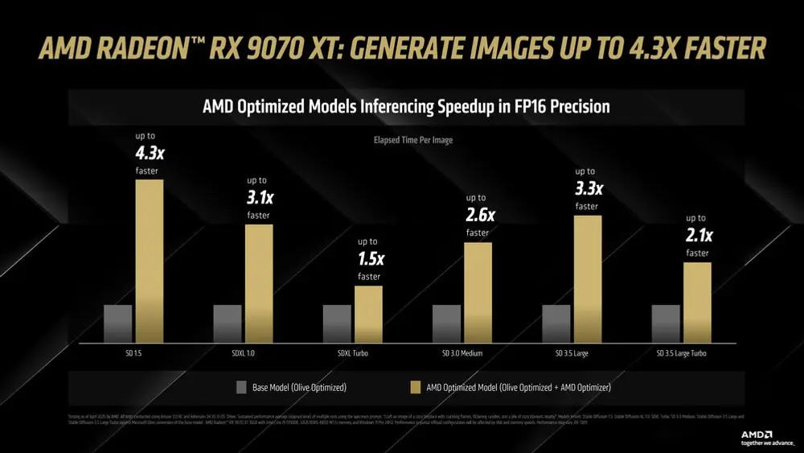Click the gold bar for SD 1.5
point(149,262)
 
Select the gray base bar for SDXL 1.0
point(227,323)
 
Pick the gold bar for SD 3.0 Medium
point(478,293)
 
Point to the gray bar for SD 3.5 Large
point(556,323)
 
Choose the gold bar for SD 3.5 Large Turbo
point(697,303)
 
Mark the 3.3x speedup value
point(588,188)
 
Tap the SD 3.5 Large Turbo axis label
point(683,353)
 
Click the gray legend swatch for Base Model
point(241,388)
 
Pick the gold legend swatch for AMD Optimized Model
point(416,388)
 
